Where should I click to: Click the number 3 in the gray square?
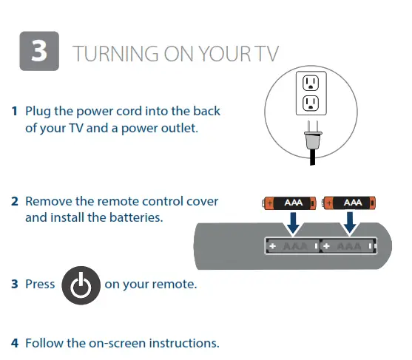38,51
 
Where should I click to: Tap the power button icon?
81,285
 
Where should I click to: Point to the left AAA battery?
291,202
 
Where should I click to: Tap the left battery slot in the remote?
292,246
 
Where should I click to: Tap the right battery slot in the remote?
348,246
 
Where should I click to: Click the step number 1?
14,112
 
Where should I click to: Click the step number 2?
14,201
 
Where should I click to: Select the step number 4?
14,343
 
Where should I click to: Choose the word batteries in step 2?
136,217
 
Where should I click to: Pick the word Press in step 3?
40,284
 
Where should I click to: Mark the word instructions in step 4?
184,343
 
